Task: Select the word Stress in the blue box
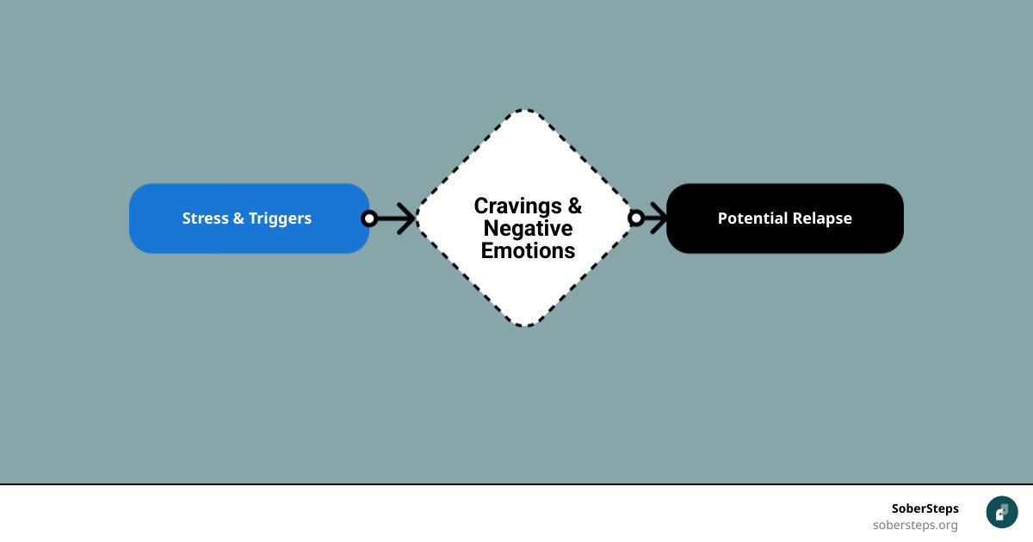[205, 219]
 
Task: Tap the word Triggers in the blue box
[280, 219]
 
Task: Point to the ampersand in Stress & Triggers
[238, 219]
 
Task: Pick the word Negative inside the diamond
[528, 229]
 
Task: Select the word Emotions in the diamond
[528, 251]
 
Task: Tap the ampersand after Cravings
[573, 206]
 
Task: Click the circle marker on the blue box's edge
[369, 219]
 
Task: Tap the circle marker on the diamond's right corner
[636, 219]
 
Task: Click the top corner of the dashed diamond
[525, 111]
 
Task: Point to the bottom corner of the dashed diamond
[525, 325]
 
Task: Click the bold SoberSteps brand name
[925, 508]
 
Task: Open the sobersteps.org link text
[914, 525]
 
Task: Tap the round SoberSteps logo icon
[1002, 512]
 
